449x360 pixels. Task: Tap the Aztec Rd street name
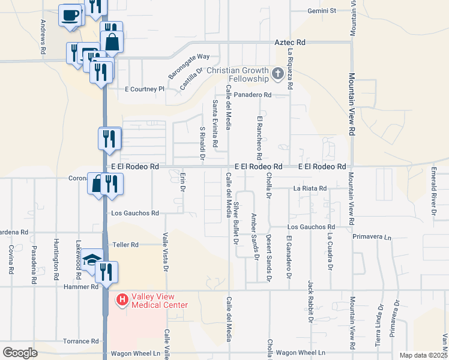pyautogui.click(x=290, y=43)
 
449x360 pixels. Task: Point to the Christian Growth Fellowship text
pyautogui.click(x=237, y=74)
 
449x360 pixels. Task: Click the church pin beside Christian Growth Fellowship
pyautogui.click(x=277, y=74)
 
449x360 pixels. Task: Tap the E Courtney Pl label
pyautogui.click(x=144, y=89)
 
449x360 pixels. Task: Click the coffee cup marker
pyautogui.click(x=70, y=14)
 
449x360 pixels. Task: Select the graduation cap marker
pyautogui.click(x=91, y=259)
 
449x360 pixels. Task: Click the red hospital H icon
pyautogui.click(x=122, y=299)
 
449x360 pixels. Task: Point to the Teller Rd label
pyautogui.click(x=125, y=245)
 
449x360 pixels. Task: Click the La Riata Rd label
pyautogui.click(x=310, y=188)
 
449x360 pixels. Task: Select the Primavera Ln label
pyautogui.click(x=372, y=237)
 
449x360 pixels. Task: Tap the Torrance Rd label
pyautogui.click(x=77, y=341)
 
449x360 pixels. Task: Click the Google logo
pyautogui.click(x=20, y=352)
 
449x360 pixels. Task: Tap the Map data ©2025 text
pyautogui.click(x=423, y=355)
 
